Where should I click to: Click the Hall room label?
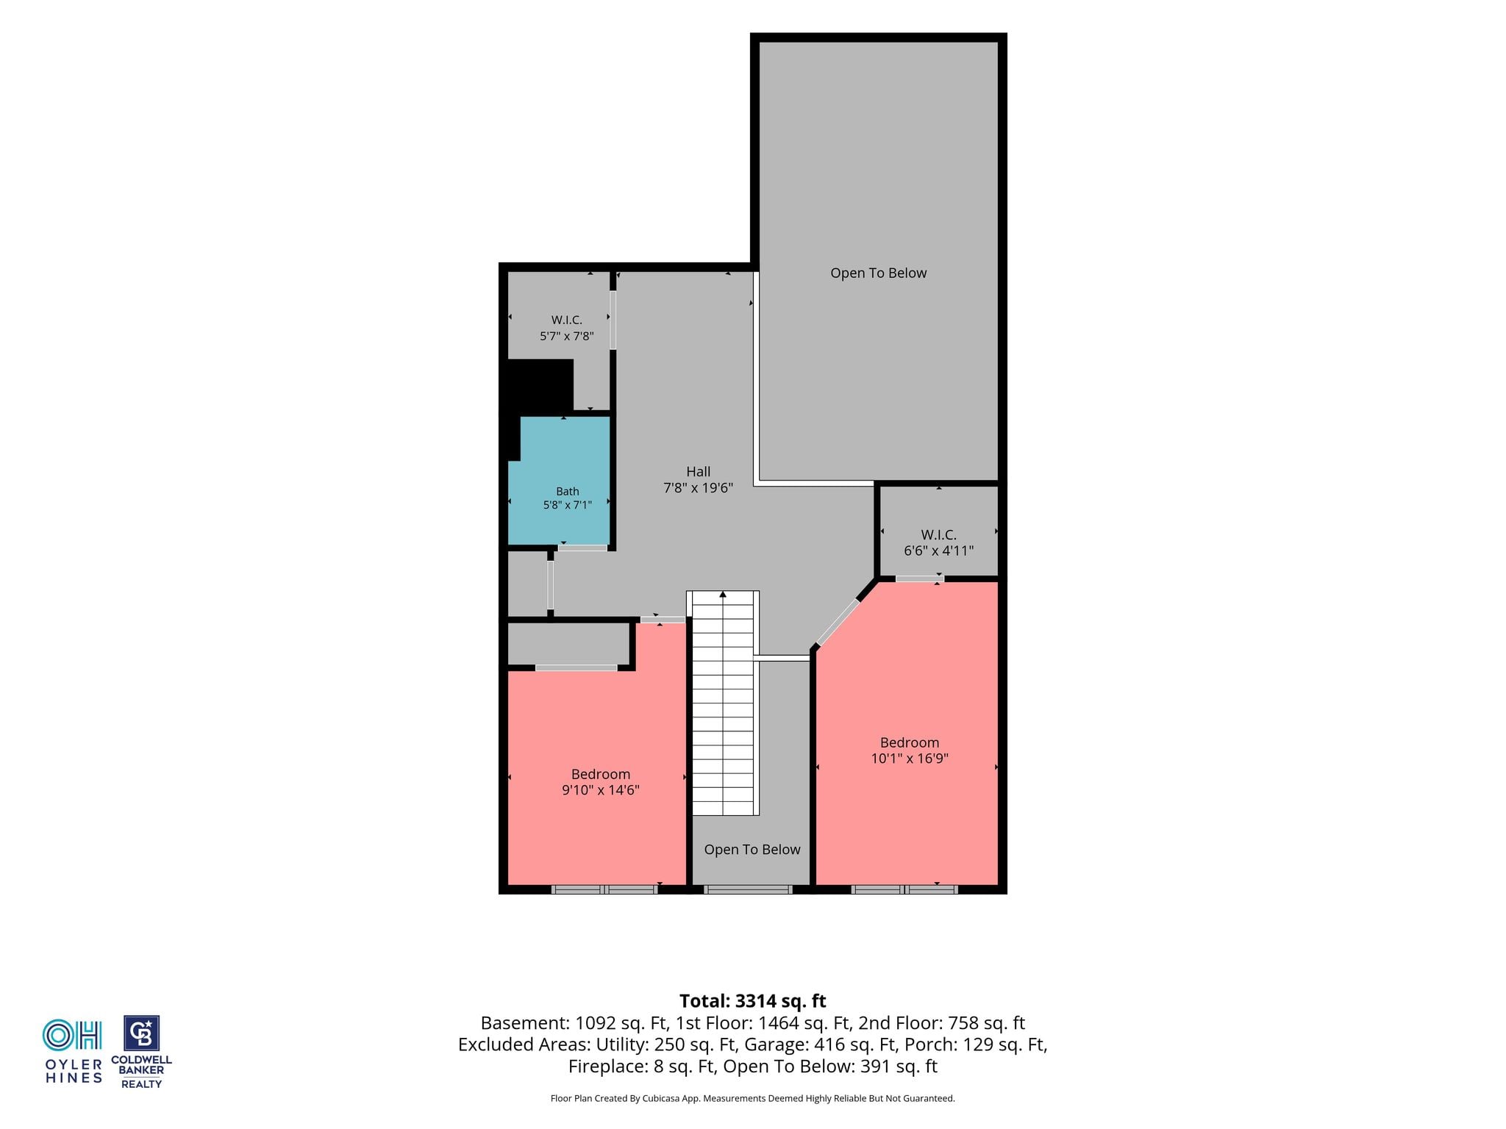pyautogui.click(x=699, y=472)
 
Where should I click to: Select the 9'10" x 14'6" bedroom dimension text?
pyautogui.click(x=601, y=790)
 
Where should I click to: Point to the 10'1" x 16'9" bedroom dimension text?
pyautogui.click(x=910, y=759)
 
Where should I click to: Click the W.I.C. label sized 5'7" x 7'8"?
pyautogui.click(x=567, y=320)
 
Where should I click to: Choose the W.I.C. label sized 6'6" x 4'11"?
pyautogui.click(x=939, y=535)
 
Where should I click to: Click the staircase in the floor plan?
pyautogui.click(x=724, y=703)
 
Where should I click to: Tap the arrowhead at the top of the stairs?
pyautogui.click(x=724, y=594)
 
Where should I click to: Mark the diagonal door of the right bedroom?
pyautogui.click(x=838, y=623)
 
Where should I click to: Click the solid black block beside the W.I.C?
pyautogui.click(x=540, y=385)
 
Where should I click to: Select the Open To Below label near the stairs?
pyautogui.click(x=752, y=850)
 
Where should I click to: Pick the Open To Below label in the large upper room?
pyautogui.click(x=879, y=273)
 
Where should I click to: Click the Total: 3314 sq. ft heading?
pyautogui.click(x=753, y=1001)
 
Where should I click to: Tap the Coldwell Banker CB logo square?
pyautogui.click(x=141, y=1033)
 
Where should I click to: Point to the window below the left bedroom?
pyautogui.click(x=604, y=889)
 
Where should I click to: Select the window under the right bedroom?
pyautogui.click(x=904, y=889)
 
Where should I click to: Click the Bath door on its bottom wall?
pyautogui.click(x=582, y=548)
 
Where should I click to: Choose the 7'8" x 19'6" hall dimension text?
pyautogui.click(x=699, y=487)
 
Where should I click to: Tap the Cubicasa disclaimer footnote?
pyautogui.click(x=753, y=1099)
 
